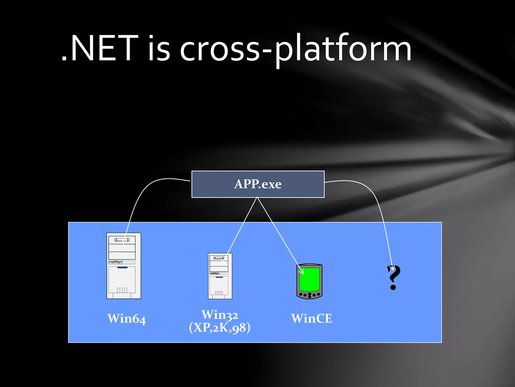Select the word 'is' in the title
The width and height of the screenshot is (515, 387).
click(159, 49)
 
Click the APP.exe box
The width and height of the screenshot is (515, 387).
click(258, 184)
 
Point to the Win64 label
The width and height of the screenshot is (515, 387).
click(126, 318)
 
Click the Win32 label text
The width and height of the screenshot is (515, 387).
click(220, 315)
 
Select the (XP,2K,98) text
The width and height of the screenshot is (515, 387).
click(220, 328)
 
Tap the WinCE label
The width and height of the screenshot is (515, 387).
click(311, 318)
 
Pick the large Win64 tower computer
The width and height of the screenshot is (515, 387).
click(124, 266)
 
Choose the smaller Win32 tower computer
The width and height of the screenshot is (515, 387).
click(220, 276)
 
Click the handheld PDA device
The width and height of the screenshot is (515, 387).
click(309, 281)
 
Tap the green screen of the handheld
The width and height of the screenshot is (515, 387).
click(310, 279)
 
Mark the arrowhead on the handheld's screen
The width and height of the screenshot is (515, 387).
click(302, 272)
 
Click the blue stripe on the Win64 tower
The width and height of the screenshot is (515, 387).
click(122, 268)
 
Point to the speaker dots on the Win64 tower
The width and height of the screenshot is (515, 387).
click(122, 290)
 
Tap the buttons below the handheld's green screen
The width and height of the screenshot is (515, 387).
click(310, 295)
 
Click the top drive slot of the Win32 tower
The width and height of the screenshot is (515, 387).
click(219, 258)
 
